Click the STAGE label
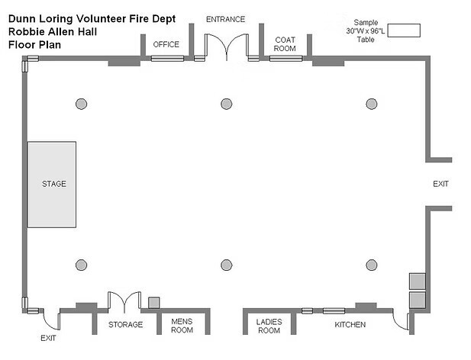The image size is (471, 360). pos(54,184)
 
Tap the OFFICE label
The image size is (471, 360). pos(166,44)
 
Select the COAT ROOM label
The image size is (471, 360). pos(286,44)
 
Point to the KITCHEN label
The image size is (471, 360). pos(350,325)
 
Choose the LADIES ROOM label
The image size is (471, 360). pos(269,326)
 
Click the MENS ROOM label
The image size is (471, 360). pos(182,326)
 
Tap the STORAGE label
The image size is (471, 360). pos(125,325)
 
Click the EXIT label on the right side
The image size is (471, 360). pos(440,184)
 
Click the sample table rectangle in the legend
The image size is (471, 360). pos(405,30)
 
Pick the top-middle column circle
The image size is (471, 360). pos(226,104)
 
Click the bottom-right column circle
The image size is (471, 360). pos(372,265)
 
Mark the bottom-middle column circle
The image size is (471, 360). pos(226,265)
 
